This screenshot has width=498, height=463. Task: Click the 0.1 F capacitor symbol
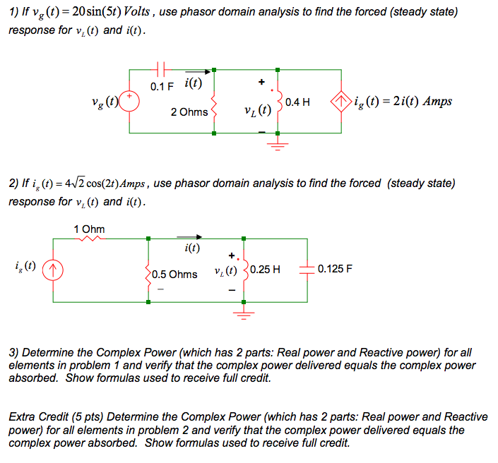[161, 69]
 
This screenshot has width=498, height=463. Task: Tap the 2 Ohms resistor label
[189, 112]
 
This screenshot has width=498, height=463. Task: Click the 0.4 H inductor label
[298, 102]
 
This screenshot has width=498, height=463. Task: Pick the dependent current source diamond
[342, 101]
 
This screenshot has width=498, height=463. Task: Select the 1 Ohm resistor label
[89, 229]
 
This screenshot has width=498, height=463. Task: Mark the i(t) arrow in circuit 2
[190, 238]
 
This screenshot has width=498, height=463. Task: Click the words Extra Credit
[36, 417]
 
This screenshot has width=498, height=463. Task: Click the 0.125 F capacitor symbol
[307, 269]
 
